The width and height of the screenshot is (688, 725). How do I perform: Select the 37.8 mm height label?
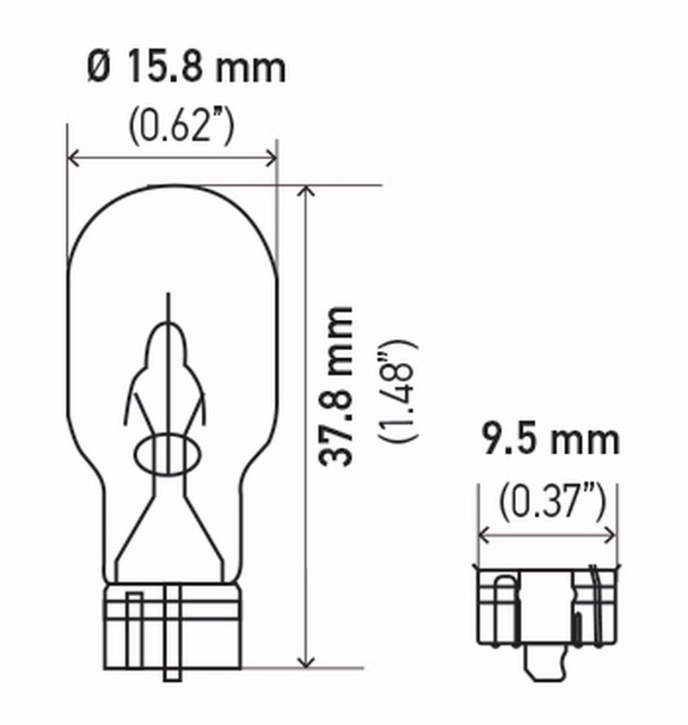point(336,386)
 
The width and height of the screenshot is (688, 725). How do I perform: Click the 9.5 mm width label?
point(549,440)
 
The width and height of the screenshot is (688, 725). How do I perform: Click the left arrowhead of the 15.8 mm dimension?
point(74,157)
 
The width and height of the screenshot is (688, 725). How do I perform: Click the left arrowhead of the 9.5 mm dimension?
point(484,534)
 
